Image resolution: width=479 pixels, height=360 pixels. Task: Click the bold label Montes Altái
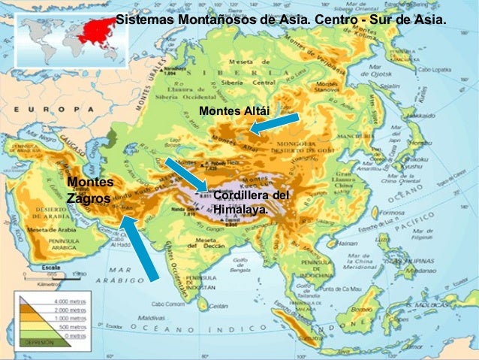point(233,111)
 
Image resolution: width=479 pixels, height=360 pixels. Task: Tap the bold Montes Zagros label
point(89,190)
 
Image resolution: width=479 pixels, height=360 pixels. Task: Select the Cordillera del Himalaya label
point(251,202)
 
